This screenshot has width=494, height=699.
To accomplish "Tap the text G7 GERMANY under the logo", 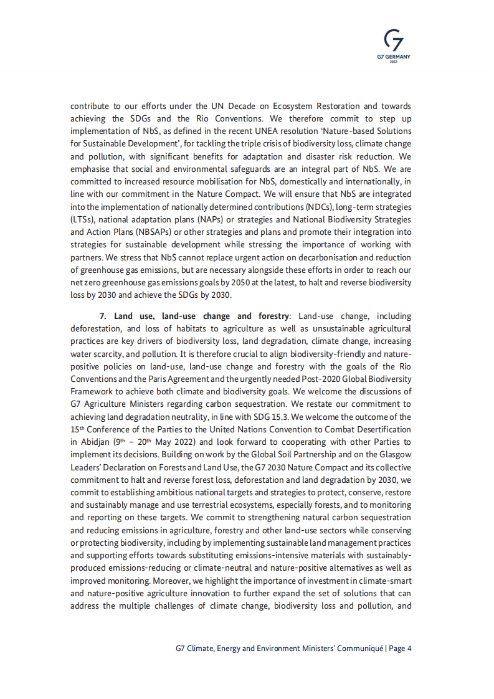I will (x=394, y=56).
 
